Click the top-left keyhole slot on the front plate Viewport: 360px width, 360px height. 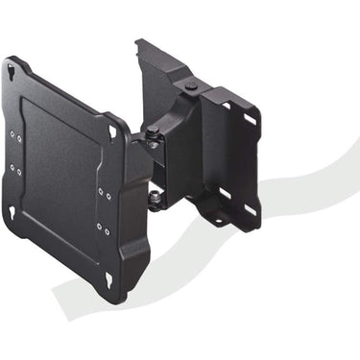12,72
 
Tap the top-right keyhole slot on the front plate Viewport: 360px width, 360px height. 113,131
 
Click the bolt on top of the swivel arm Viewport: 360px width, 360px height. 192,86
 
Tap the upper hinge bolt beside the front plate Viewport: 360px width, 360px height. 153,131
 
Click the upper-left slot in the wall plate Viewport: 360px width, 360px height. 223,105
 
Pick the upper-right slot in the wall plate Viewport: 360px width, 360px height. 251,120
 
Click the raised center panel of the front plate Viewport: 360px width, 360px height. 60,173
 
